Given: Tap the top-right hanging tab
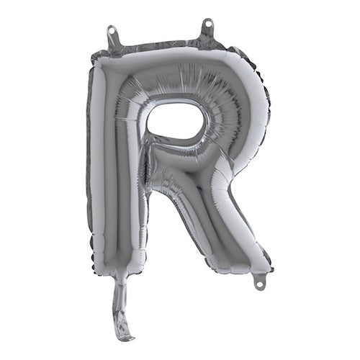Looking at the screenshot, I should (207, 28).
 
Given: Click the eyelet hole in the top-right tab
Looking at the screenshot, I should (207, 24).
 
